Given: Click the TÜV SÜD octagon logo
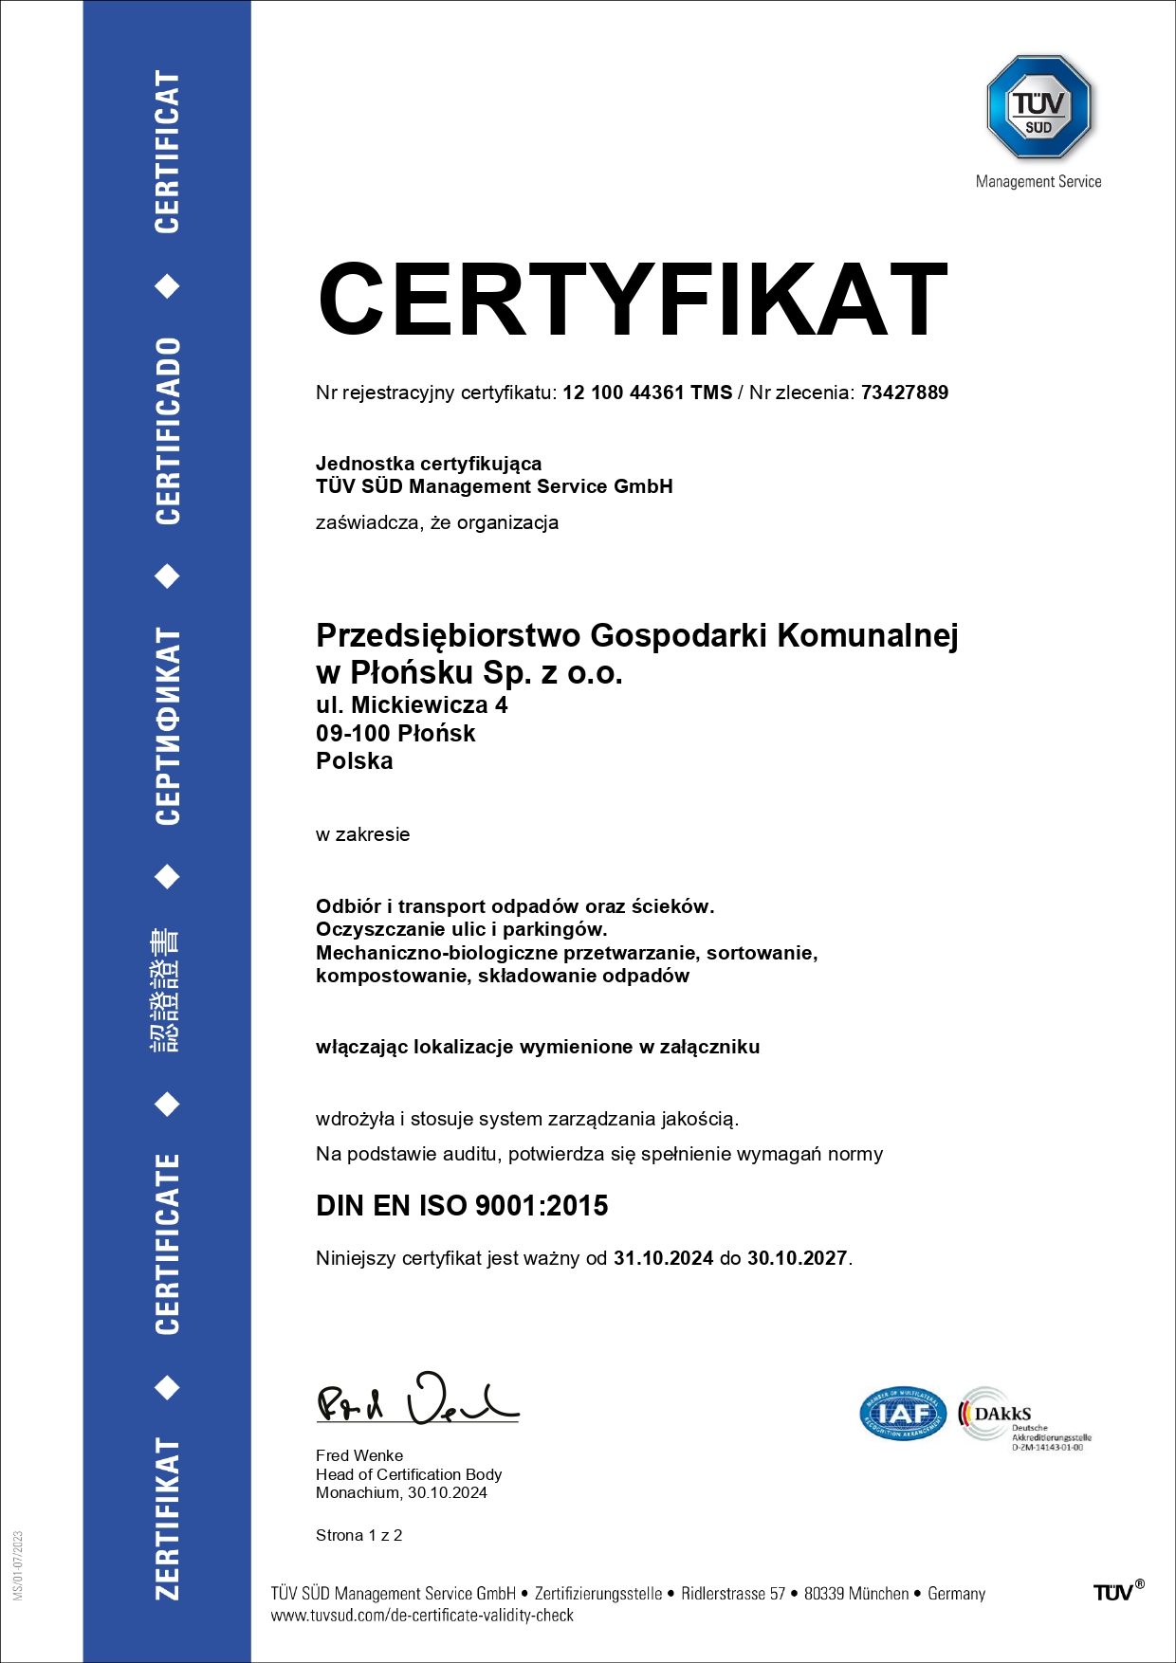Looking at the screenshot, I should [x=1038, y=106].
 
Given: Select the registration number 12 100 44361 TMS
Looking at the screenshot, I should [x=647, y=393].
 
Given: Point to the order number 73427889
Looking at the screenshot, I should [x=904, y=393].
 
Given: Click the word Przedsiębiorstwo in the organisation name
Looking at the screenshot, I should [x=448, y=635].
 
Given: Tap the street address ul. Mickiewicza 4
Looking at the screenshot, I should [x=412, y=705].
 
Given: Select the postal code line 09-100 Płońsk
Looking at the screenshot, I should [x=395, y=733].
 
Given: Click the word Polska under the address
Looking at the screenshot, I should [x=354, y=761].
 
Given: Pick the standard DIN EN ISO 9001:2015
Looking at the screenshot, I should [x=462, y=1206].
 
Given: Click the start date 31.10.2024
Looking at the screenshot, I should [x=663, y=1258].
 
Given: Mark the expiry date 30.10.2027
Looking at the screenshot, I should [x=797, y=1258].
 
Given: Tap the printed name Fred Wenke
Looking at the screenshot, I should [x=359, y=1455].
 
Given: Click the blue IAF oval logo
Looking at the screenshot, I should [x=902, y=1415].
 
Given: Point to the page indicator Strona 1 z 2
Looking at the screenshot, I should [x=358, y=1535].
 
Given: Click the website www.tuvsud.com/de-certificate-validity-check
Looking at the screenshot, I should [x=422, y=1616].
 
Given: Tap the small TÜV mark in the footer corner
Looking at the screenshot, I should [x=1118, y=1592].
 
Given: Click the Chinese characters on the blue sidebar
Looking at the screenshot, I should [x=166, y=990].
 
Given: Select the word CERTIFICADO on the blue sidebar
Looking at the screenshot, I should [x=168, y=430].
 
